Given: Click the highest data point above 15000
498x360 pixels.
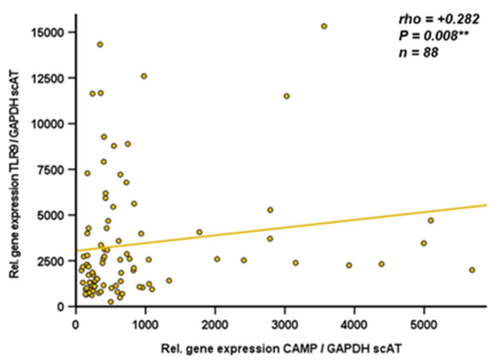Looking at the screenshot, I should [324, 26].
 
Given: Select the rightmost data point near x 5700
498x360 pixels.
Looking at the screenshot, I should [472, 270].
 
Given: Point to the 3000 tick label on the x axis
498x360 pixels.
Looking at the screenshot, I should [285, 325].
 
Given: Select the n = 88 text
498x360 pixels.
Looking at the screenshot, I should [418, 53].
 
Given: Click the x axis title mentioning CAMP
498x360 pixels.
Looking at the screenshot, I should [281, 349].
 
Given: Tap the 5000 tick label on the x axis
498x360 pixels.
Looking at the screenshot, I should [424, 325].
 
